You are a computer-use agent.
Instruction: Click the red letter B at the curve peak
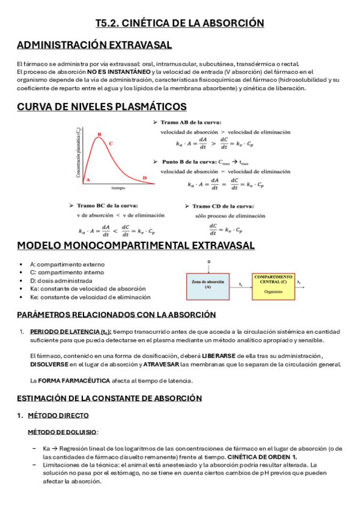(99, 134)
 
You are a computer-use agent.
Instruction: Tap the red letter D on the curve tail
(144, 177)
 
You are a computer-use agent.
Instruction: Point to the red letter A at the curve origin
(88, 179)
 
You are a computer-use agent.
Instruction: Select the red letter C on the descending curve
(111, 143)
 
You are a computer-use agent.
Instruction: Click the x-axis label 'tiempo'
(118, 188)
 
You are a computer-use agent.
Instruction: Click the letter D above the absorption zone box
(208, 263)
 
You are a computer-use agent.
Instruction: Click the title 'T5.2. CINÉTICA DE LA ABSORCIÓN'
(180, 23)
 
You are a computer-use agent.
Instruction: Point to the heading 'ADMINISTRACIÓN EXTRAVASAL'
(95, 46)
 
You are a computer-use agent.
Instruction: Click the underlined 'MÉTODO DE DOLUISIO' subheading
(63, 432)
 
